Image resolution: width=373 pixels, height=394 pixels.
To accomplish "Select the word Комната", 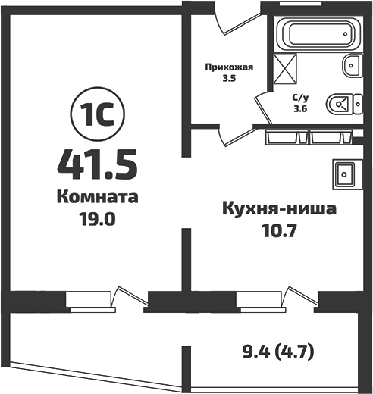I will pyautogui.click(x=97, y=198).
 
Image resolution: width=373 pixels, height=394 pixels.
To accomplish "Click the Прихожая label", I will pyautogui.click(x=228, y=65).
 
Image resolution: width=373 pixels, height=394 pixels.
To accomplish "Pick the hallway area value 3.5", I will pyautogui.click(x=227, y=77).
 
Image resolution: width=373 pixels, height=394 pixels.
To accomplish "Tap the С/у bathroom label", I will pyautogui.click(x=301, y=96).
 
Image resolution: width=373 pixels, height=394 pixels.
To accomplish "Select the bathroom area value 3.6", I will pyautogui.click(x=301, y=108).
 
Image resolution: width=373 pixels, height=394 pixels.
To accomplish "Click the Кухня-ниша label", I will pyautogui.click(x=278, y=208).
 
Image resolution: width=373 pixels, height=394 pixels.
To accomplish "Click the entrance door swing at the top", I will pyautogui.click(x=227, y=23).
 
